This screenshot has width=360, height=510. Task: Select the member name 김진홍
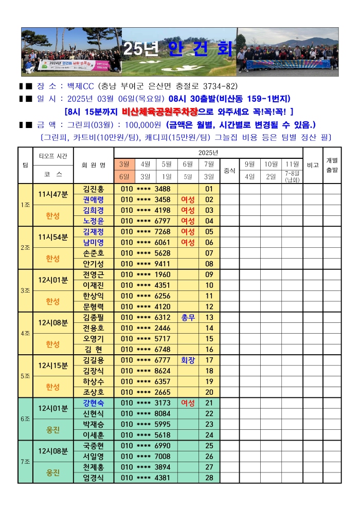(93, 189)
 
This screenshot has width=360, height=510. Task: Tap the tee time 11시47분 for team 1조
(53, 194)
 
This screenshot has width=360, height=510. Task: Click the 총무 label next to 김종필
(188, 317)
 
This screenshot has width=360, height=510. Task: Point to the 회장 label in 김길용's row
(188, 360)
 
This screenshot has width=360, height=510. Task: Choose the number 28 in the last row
(209, 478)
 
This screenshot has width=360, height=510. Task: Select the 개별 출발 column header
(332, 165)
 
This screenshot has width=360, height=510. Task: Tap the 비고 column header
(313, 165)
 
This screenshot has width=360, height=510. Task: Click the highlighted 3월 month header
(124, 164)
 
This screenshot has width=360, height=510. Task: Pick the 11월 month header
(292, 164)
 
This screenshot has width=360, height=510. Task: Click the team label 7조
(25, 462)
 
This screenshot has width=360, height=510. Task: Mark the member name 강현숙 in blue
(93, 403)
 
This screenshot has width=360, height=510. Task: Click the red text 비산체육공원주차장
(159, 111)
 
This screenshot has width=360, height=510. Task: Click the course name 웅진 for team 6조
(53, 429)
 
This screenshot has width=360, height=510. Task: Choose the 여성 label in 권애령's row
(188, 199)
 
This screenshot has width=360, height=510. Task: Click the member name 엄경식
(93, 478)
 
